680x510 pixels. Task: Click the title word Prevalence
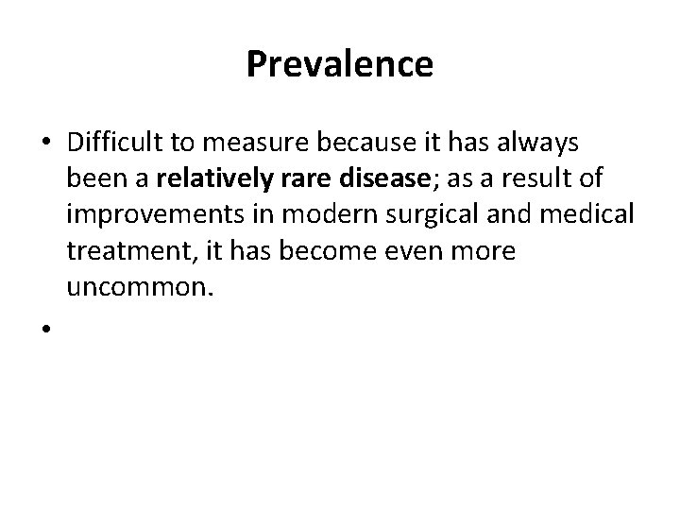[x=340, y=64]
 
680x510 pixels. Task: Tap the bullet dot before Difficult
[x=45, y=143]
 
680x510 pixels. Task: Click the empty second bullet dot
[x=45, y=327]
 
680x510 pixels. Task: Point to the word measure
[x=245, y=143]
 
